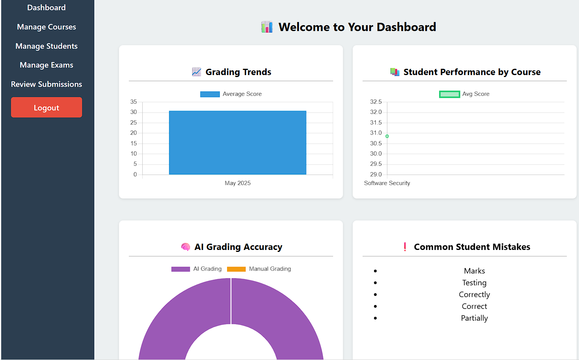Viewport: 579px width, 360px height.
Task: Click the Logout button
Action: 46,107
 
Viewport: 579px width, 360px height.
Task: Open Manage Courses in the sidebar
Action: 46,27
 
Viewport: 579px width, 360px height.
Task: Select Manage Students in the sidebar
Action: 46,46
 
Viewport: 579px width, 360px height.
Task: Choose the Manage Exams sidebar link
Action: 46,65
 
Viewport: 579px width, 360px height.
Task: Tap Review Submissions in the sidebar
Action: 46,84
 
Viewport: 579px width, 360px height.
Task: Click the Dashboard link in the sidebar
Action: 46,8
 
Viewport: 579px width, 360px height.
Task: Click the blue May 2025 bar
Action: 237,142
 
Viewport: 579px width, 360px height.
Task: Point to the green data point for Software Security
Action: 387,136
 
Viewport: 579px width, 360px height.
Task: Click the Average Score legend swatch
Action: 210,94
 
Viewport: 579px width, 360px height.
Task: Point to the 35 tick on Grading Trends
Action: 134,102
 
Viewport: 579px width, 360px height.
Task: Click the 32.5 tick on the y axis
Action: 376,102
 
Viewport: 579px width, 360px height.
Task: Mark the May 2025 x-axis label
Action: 237,183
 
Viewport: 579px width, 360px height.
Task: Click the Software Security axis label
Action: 387,183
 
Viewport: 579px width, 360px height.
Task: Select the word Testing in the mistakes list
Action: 474,283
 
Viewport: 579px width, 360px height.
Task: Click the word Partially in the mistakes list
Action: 474,318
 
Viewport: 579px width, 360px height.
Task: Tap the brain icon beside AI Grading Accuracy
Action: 185,247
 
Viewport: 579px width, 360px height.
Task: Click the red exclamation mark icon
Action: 405,247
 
